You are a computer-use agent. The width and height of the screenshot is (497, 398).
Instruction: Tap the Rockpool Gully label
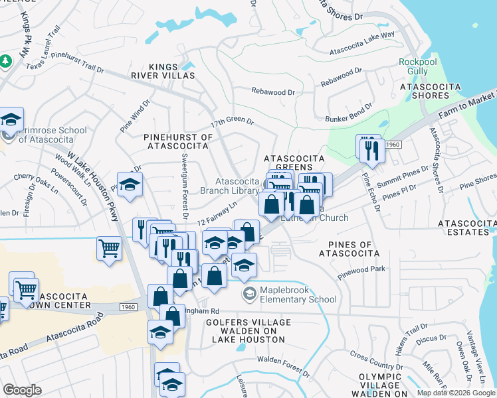coord(417,66)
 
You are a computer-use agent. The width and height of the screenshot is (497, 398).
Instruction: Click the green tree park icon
coord(6,61)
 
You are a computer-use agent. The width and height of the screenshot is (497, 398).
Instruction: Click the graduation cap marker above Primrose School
coord(11,120)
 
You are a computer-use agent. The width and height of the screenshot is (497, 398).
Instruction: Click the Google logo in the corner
coord(23,389)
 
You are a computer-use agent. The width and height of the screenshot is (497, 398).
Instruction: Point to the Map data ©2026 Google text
coord(456,393)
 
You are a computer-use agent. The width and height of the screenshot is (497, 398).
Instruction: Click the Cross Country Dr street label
coord(377,364)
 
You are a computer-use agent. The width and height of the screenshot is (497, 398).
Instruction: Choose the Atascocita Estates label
coord(466,229)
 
